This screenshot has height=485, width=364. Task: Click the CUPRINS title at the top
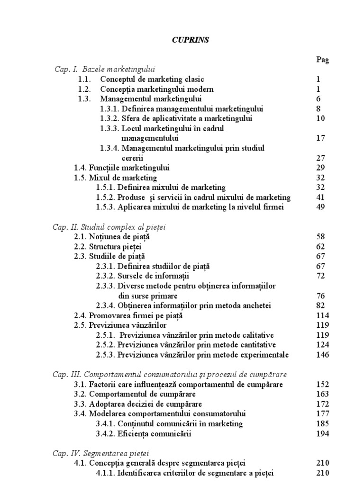coord(190,41)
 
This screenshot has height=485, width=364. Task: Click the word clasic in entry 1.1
coord(194,79)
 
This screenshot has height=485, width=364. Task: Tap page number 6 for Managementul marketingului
coord(318,99)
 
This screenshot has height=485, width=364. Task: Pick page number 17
coord(320,138)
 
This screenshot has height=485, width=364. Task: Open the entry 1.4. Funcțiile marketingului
coord(122,168)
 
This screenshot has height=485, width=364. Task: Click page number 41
coord(320,197)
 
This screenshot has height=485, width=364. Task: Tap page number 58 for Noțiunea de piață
coord(320,237)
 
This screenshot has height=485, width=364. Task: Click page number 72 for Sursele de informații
coord(320,276)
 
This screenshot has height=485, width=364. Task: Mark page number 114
coord(322,316)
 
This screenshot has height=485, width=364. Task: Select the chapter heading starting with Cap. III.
coord(170,375)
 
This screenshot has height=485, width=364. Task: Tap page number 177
coord(322,413)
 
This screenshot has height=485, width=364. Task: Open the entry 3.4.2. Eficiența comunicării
coord(145,433)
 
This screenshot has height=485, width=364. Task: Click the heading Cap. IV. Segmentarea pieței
coord(102,453)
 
